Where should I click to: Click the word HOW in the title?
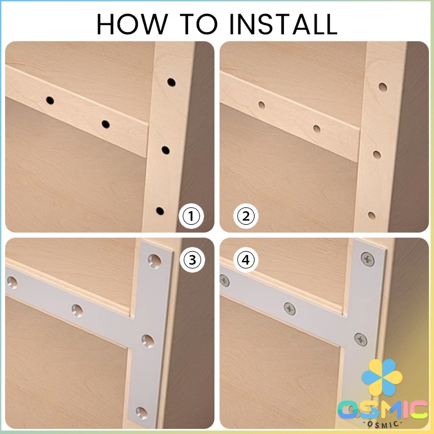pos(132,24)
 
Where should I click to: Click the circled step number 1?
pos(191,216)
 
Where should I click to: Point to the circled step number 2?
pos(246,216)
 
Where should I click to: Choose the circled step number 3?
pos(192,260)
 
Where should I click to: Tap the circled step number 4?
pos(246,260)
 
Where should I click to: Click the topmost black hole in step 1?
pos(171,82)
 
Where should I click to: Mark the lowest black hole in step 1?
pos(160,211)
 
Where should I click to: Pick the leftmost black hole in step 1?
pos(50,100)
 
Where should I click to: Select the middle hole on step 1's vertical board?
pos(166,150)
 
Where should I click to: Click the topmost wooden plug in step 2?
pos(383,87)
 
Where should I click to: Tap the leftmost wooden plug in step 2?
pos(261,105)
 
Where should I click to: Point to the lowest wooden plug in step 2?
pos(371,215)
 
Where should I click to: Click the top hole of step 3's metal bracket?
pos(154,261)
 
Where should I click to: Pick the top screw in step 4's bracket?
pos(368,259)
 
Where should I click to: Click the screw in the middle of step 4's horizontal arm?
pos(289,309)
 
